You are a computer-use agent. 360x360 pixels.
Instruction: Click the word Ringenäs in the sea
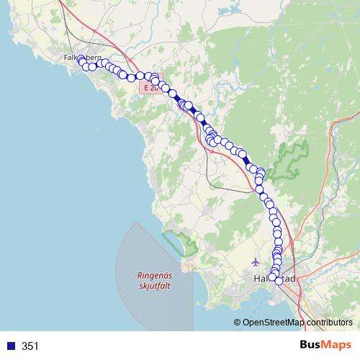click(156, 274)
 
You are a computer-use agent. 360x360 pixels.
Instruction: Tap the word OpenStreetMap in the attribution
click(274, 323)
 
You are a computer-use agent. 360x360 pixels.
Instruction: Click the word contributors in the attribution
click(329, 323)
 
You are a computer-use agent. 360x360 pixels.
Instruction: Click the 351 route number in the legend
click(30, 346)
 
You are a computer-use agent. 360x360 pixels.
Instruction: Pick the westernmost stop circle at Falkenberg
click(80, 60)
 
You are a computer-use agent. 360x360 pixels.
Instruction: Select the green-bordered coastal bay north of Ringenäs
click(180, 242)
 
